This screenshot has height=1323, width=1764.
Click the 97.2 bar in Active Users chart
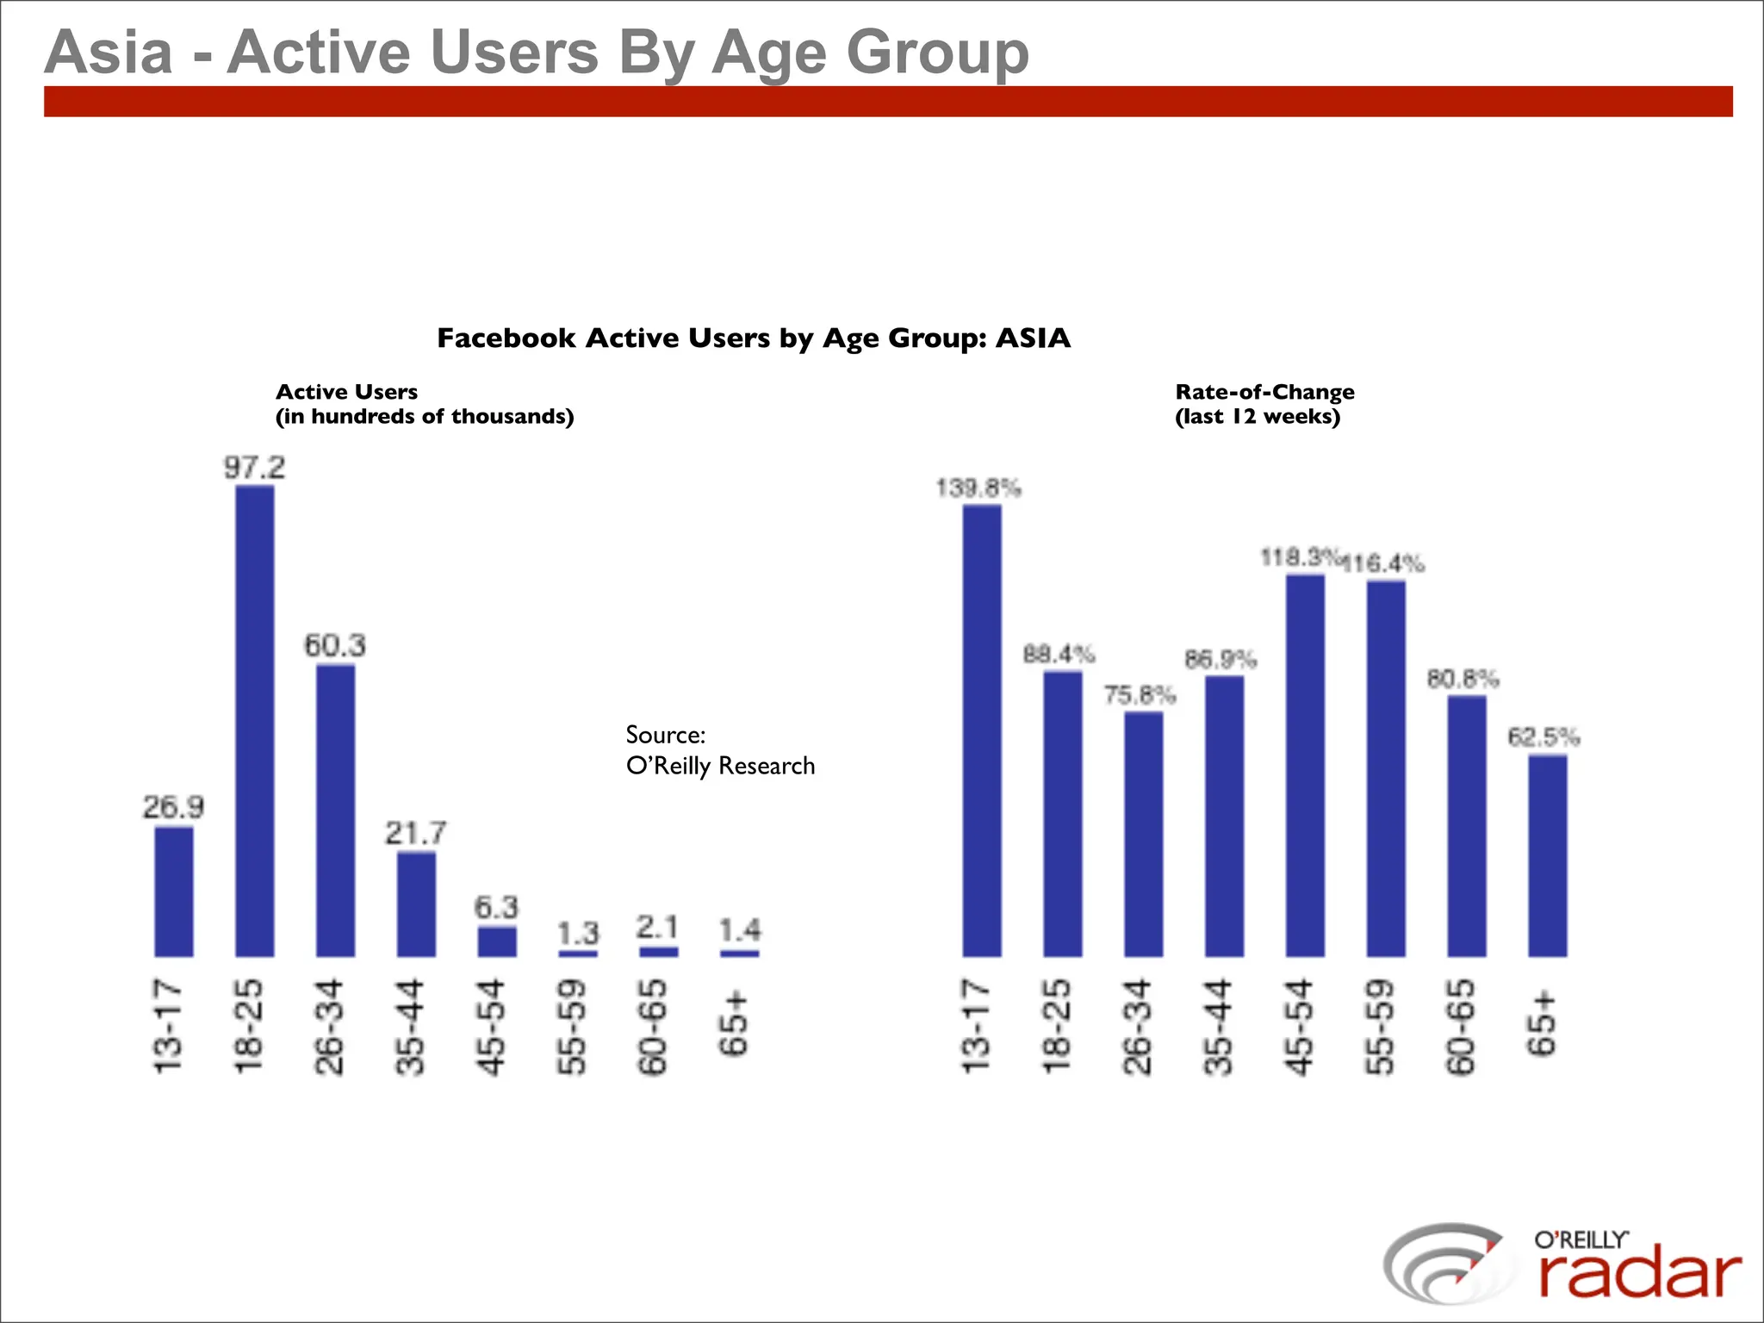pyautogui.click(x=255, y=720)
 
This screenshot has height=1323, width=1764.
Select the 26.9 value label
pyautogui.click(x=174, y=807)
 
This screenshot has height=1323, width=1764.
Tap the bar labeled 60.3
pyautogui.click(x=335, y=810)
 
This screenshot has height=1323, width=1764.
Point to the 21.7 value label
pyautogui.click(x=416, y=833)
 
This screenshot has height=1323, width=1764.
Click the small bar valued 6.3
pyautogui.click(x=497, y=941)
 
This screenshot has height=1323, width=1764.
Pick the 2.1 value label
pyautogui.click(x=658, y=928)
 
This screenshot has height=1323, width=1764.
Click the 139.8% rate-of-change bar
pyautogui.click(x=982, y=730)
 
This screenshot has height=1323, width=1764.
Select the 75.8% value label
pyautogui.click(x=1140, y=694)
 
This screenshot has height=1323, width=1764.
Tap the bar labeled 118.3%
pyautogui.click(x=1305, y=765)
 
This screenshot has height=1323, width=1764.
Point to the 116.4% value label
pyautogui.click(x=1385, y=564)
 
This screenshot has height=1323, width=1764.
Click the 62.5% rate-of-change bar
pyautogui.click(x=1548, y=855)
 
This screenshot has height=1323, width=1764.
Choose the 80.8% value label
pyautogui.click(x=1463, y=679)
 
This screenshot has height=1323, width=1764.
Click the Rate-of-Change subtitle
pyautogui.click(x=1264, y=404)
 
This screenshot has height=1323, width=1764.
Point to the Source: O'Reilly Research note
pyautogui.click(x=719, y=750)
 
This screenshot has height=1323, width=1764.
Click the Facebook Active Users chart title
pyautogui.click(x=754, y=338)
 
